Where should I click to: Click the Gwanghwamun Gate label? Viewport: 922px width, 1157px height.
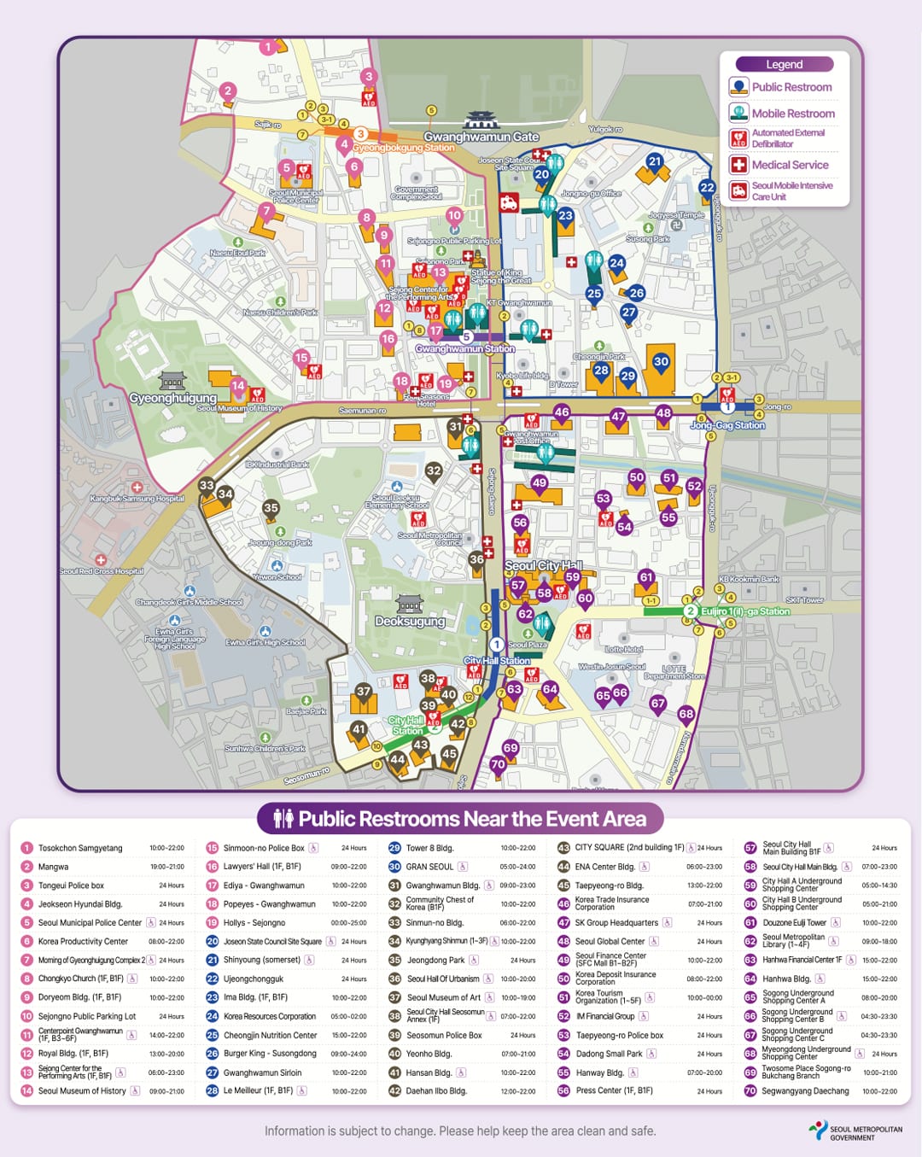(481, 137)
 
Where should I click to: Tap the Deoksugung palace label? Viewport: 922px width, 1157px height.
(410, 621)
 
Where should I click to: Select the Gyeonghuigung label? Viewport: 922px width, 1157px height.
(172, 398)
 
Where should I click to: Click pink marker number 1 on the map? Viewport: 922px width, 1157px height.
(268, 46)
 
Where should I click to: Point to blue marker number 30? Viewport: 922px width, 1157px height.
(661, 361)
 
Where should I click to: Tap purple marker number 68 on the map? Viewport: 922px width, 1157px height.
(686, 714)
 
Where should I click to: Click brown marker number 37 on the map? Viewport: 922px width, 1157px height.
(364, 692)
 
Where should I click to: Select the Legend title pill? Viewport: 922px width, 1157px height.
(784, 64)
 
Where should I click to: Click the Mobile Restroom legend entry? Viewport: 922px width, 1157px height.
(792, 113)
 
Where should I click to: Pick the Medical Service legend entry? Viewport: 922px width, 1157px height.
(789, 165)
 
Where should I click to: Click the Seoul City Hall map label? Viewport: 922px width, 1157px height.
(543, 565)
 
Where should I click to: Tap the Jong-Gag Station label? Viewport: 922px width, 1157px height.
(727, 424)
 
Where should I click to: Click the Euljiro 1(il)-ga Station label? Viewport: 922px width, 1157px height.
(744, 611)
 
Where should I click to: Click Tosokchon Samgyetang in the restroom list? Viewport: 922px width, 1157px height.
(80, 848)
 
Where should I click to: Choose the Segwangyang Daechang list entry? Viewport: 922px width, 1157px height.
(805, 1091)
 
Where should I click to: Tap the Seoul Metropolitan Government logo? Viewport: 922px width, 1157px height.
(855, 1131)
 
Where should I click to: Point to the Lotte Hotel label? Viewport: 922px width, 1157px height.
(623, 649)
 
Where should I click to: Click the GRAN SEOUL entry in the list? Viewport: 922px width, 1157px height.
(429, 867)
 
